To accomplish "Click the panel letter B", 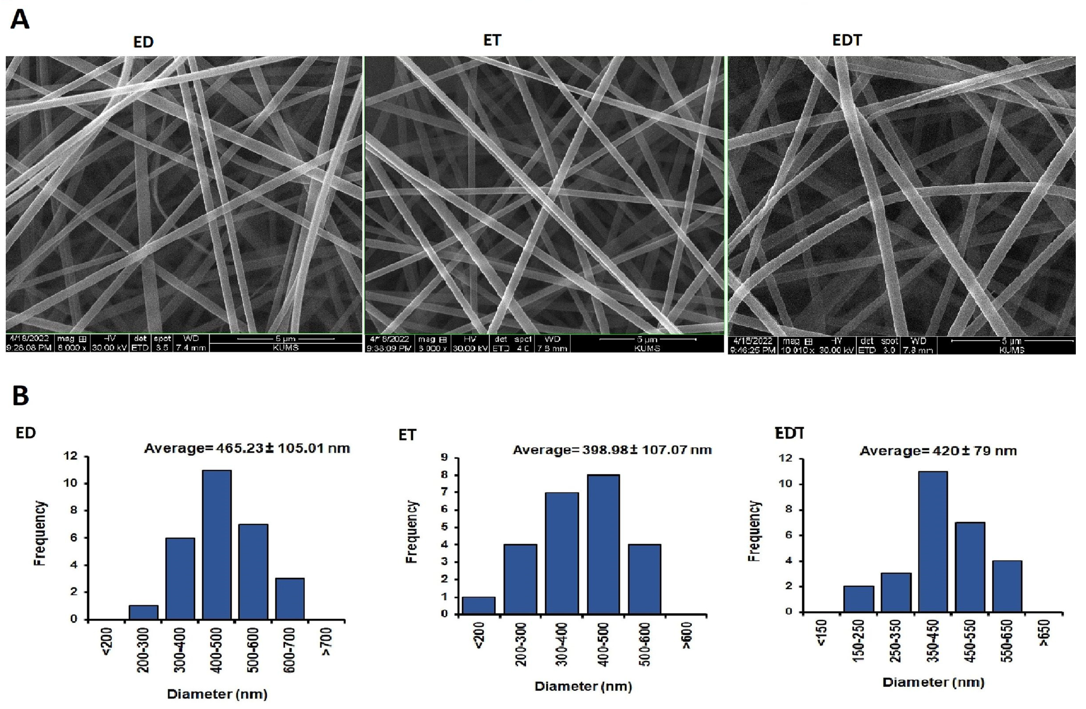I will pos(21,395).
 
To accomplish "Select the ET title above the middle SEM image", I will pos(492,40).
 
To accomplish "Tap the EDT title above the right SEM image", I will pos(847,40).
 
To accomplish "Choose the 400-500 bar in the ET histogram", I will pos(603,544).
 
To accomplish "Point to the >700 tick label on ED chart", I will pos(327,641).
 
